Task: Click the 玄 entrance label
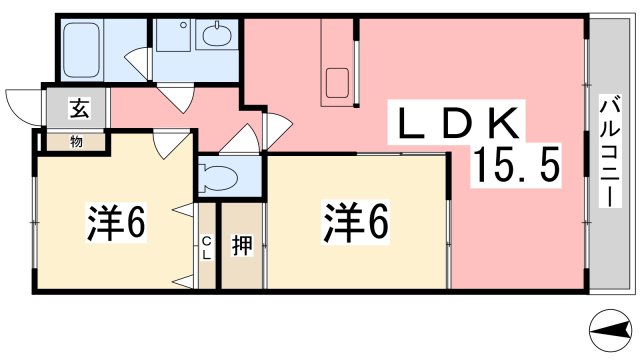point(77,109)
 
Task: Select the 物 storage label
point(76,141)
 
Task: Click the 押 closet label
point(241,245)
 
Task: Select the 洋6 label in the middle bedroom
point(354,221)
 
